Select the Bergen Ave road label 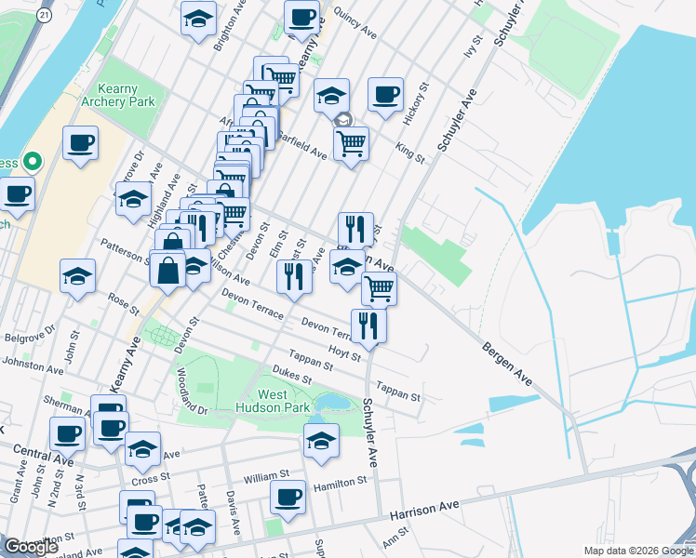(506, 365)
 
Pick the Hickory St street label (415, 103)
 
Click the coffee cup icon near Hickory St (385, 94)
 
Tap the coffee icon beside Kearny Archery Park (81, 144)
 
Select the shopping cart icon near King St (351, 143)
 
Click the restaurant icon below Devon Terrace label (368, 325)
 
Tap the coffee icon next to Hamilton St (288, 496)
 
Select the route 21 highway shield (44, 16)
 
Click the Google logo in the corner (31, 547)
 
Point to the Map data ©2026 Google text (637, 551)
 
